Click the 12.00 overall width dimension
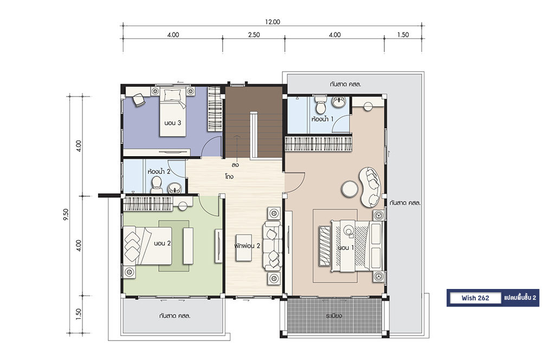[x=272, y=22]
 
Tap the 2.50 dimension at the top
[x=254, y=35]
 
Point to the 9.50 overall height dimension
[x=66, y=215]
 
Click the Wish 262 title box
[x=475, y=298]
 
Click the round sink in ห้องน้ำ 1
[x=339, y=102]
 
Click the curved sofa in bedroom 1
[x=371, y=187]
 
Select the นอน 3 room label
[x=173, y=123]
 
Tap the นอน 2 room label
[x=163, y=243]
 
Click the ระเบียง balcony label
[x=334, y=316]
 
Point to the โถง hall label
[x=229, y=176]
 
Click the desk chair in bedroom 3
[x=139, y=100]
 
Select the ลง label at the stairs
[x=235, y=165]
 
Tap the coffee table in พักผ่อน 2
[x=243, y=247]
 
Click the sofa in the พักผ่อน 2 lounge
[x=272, y=246]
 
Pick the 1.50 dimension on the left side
[x=79, y=314]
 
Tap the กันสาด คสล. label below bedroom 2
[x=175, y=316]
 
